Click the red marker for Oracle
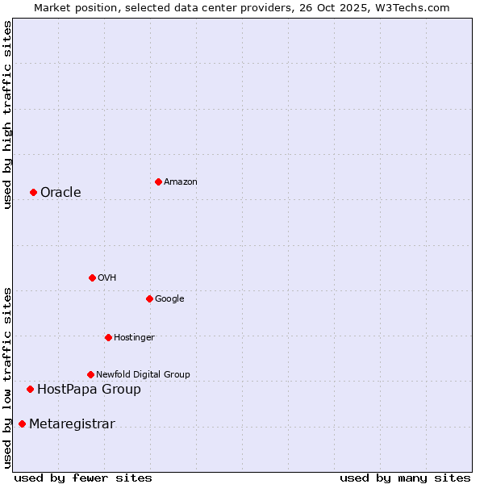[33, 192]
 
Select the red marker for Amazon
[158, 181]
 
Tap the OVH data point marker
[92, 277]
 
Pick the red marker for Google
[149, 298]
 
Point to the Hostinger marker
[108, 337]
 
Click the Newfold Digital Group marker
[90, 374]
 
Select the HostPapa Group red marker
[30, 389]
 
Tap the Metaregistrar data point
[22, 424]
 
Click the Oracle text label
[60, 192]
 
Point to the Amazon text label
[180, 182]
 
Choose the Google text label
[169, 299]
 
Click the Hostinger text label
[134, 337]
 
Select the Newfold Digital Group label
[143, 374]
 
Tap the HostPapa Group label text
[89, 390]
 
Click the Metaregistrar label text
[72, 424]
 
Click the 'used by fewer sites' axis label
[83, 478]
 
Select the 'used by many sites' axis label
[405, 478]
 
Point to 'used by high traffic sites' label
[7, 115]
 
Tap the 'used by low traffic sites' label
[7, 378]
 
